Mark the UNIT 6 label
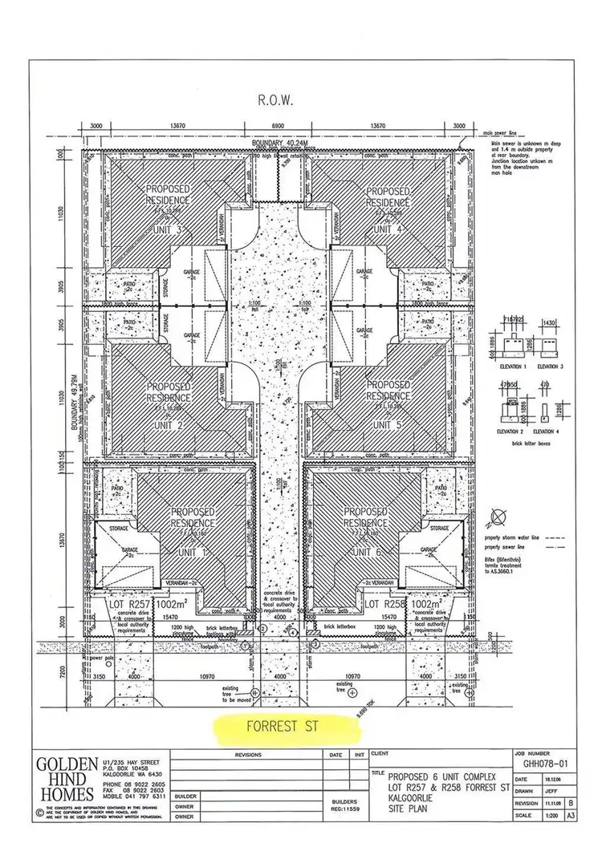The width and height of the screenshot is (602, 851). [366, 553]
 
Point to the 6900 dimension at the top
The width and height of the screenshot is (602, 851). [276, 127]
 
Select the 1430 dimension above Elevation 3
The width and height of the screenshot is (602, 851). [551, 321]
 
